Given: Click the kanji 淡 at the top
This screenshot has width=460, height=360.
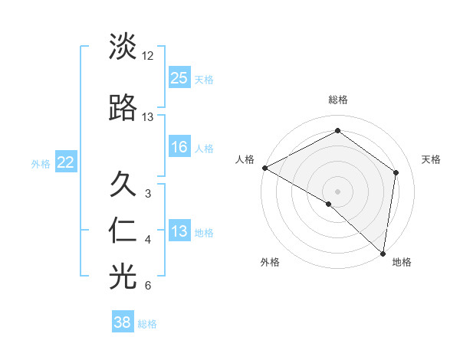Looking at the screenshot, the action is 123,47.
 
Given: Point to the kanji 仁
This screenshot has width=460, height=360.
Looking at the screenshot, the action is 123,231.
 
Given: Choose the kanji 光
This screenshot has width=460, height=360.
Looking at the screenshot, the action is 123,277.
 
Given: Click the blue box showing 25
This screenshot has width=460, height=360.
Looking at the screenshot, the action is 179,77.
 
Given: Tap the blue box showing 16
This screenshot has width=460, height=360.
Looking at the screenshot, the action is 179,147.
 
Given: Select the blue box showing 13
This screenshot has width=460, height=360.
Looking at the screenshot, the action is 179,231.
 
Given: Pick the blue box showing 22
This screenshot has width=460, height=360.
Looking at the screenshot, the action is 66,162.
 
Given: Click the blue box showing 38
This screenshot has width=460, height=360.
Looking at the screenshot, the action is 123,322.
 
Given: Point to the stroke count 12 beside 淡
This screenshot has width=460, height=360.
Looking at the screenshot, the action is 148,56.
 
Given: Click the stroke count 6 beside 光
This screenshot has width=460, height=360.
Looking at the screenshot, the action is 148,286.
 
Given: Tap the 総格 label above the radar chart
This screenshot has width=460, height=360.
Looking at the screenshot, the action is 338,100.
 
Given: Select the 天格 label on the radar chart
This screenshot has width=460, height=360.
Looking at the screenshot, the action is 432,159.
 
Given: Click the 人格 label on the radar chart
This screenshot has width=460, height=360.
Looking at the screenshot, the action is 245,159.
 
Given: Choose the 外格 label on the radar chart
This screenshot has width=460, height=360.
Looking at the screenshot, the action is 270,262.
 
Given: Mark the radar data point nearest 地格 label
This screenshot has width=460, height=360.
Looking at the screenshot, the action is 383,253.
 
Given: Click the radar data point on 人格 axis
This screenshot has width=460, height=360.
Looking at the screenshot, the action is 264,168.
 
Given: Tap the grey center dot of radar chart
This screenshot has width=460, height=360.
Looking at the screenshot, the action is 338,191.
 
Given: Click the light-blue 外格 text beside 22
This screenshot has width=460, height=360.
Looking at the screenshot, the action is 41,163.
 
